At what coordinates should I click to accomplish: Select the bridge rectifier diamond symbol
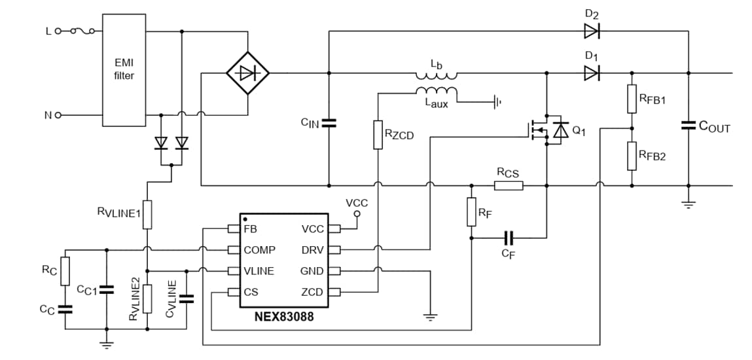click(247, 73)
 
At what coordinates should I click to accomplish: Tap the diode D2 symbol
click(592, 30)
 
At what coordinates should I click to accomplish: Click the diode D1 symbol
click(592, 73)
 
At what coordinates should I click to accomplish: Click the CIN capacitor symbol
click(329, 123)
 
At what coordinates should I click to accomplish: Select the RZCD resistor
click(378, 135)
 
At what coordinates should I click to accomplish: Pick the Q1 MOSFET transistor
click(547, 132)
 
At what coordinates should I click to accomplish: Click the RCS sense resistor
click(508, 186)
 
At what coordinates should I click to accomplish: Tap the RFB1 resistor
click(632, 99)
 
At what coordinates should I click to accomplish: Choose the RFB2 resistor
click(632, 156)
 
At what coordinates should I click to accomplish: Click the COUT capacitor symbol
click(688, 125)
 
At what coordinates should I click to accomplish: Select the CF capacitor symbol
click(509, 238)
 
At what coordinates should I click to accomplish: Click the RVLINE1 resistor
click(147, 213)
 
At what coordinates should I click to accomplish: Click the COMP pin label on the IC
click(259, 250)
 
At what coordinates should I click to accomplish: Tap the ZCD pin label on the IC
click(312, 292)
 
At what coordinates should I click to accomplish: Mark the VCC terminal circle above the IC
click(357, 214)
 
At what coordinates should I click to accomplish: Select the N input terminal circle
click(58, 115)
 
